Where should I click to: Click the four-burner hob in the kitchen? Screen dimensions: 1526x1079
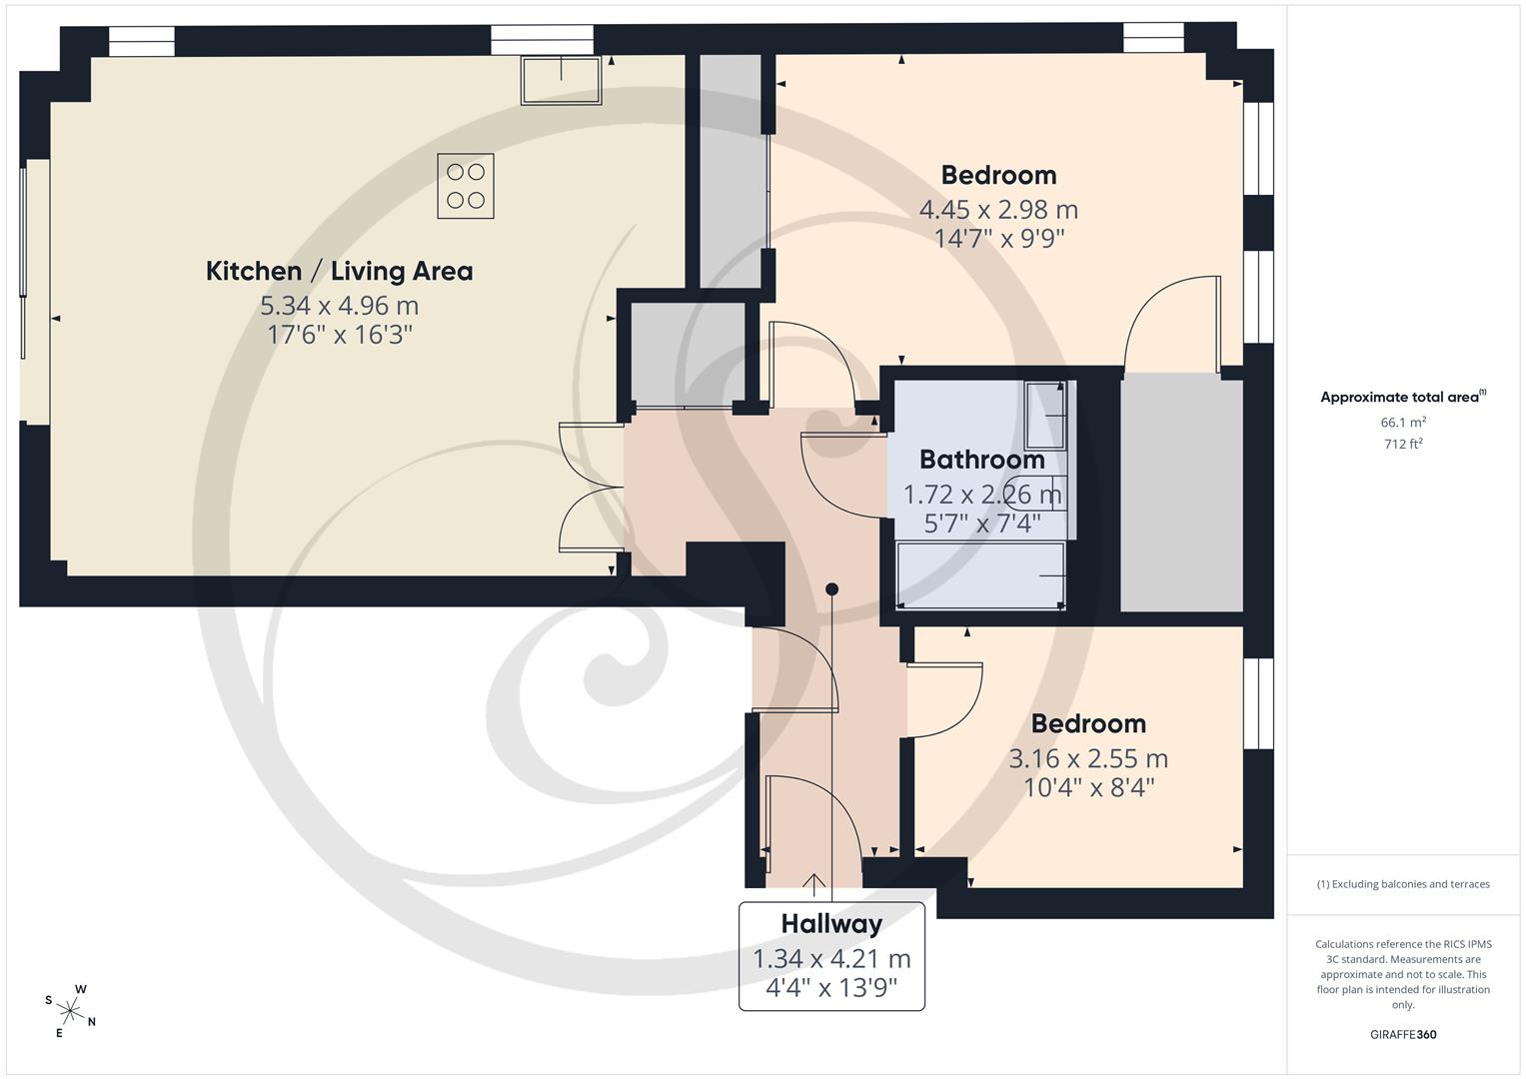(x=466, y=186)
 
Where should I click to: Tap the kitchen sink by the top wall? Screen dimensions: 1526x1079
(x=561, y=80)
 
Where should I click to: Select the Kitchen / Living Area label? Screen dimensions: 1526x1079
(x=339, y=271)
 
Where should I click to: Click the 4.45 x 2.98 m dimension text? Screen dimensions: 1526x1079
(x=998, y=210)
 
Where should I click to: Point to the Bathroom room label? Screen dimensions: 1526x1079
(x=981, y=460)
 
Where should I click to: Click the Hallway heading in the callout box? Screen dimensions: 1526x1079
(x=831, y=924)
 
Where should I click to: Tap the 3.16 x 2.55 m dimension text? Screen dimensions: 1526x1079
(x=1088, y=759)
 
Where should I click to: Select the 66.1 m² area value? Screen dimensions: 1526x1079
(x=1403, y=423)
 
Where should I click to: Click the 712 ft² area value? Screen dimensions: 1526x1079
(x=1403, y=445)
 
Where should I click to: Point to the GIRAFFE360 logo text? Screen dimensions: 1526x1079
(x=1403, y=1034)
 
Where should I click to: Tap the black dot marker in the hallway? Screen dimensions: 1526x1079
(x=831, y=589)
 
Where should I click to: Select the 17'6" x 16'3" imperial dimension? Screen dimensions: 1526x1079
(x=339, y=335)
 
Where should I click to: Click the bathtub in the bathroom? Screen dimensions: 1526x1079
(x=981, y=575)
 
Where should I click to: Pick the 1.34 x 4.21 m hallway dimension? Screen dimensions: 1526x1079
(x=831, y=959)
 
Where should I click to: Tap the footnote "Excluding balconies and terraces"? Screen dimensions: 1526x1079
(x=1403, y=884)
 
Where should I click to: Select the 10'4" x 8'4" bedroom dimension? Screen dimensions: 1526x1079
(x=1088, y=788)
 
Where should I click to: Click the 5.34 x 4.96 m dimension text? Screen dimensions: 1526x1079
(x=339, y=306)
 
